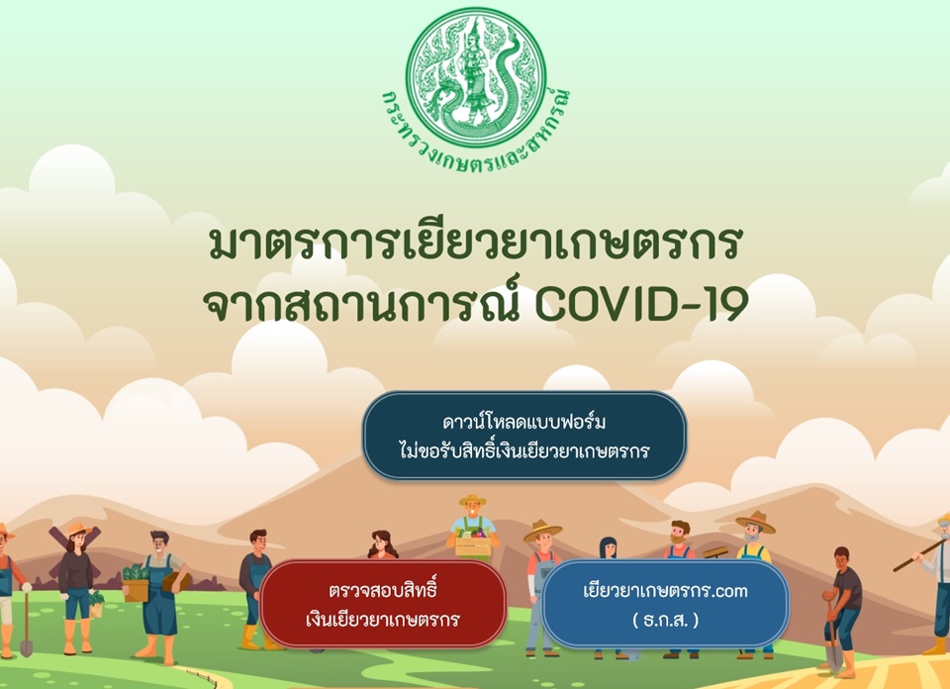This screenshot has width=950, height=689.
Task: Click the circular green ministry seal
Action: pos(476,77)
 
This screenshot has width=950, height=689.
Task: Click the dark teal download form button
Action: pos(524,436)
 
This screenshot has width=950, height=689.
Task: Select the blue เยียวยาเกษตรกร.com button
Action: pos(665,604)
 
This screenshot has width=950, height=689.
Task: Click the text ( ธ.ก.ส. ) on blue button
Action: pos(665,620)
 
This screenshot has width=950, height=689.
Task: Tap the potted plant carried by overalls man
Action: pos(136,582)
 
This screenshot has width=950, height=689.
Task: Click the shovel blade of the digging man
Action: pos(834,660)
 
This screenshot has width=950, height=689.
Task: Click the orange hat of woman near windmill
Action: pos(79,530)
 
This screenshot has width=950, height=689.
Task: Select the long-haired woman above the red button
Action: pos(382,544)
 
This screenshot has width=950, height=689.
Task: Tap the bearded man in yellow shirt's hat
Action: pos(755,522)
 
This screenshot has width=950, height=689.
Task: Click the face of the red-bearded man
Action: pos(680,534)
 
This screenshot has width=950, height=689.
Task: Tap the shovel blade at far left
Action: pos(26,646)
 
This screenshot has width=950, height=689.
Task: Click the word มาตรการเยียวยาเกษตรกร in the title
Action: pos(475,244)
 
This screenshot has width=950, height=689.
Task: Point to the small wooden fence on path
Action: pos(200,677)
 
